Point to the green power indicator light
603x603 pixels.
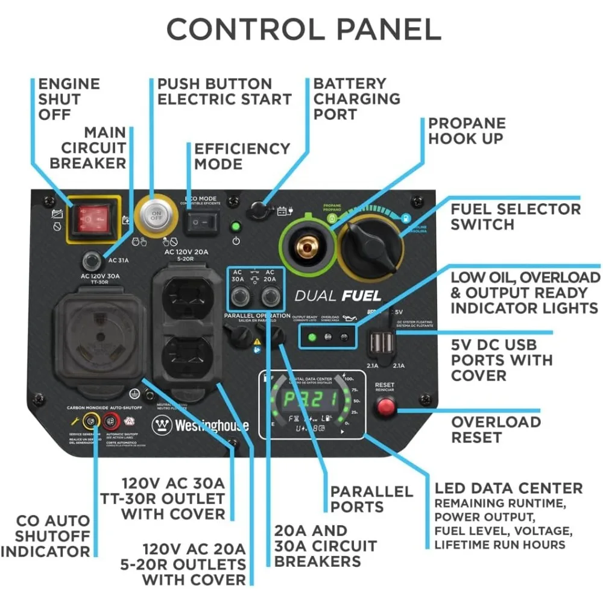[x=236, y=228]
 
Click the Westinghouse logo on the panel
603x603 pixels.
[x=200, y=425]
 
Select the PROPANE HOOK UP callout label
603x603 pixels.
[x=467, y=130]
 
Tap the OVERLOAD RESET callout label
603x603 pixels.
[x=496, y=429]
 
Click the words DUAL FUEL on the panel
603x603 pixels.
[x=338, y=295]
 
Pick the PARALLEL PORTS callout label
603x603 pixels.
[x=371, y=499]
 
